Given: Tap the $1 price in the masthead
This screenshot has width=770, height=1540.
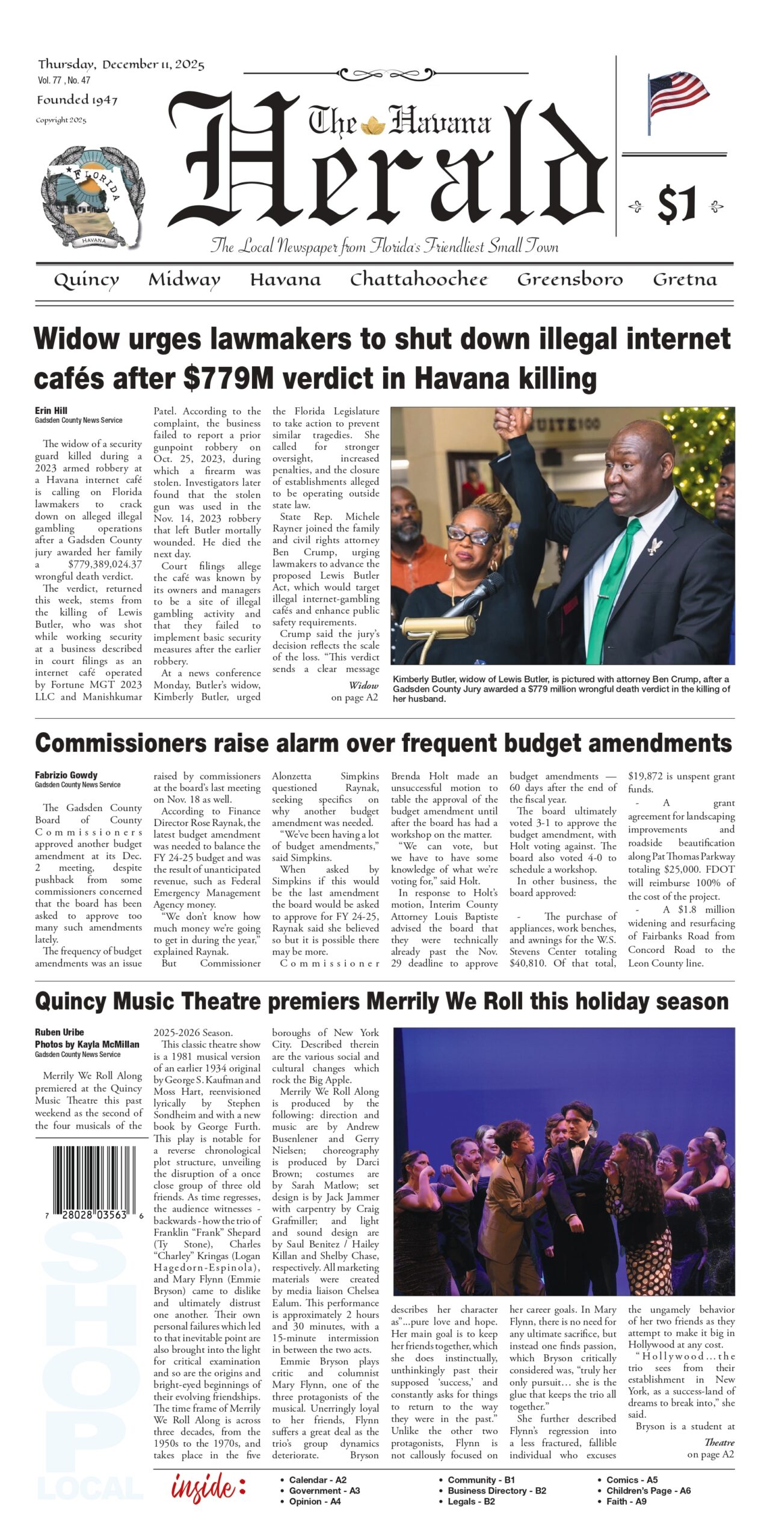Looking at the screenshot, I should [677, 205].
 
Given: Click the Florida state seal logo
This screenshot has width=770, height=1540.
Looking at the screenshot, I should [94, 198].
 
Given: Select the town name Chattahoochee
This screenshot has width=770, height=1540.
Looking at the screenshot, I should [419, 280].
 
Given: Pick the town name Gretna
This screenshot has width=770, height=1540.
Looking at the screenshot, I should [685, 280].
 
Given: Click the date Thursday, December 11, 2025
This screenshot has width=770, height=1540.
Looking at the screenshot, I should [121, 64].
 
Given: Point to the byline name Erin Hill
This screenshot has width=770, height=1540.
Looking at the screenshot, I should [51, 410].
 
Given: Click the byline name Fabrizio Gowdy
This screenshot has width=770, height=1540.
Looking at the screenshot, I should [66, 775].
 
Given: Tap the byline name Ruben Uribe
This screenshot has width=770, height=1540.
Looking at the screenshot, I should [60, 1032].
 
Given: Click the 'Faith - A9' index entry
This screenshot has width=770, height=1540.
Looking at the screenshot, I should [626, 1501].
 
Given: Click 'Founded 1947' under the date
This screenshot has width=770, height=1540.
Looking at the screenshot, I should [77, 100].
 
